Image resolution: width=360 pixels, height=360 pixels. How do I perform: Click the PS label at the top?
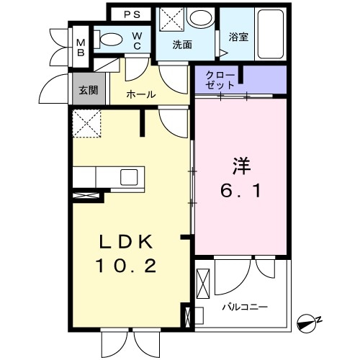[132, 14]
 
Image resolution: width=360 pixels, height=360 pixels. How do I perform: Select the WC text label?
[135, 41]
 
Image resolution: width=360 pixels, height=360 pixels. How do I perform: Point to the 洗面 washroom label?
[181, 44]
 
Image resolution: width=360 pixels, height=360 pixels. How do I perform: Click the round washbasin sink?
[199, 18]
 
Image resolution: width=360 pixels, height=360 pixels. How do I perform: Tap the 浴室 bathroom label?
[238, 36]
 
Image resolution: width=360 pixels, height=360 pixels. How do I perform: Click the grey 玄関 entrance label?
[89, 90]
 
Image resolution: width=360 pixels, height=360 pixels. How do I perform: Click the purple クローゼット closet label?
[219, 80]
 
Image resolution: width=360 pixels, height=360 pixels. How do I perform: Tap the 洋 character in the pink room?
[240, 166]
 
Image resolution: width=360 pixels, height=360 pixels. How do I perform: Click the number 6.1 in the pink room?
[240, 192]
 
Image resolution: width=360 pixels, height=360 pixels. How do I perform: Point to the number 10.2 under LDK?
[126, 266]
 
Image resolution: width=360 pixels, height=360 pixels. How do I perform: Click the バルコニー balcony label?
[244, 307]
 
